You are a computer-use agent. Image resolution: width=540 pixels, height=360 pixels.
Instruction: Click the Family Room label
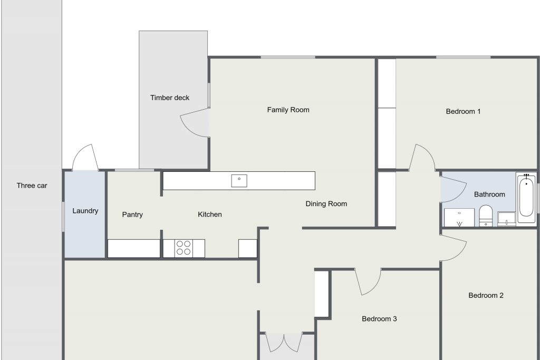click(288, 110)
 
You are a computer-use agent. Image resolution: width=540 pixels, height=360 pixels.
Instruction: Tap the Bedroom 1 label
click(463, 112)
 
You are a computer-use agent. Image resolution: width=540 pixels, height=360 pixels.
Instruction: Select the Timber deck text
click(170, 98)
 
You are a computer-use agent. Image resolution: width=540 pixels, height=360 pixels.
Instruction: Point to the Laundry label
click(85, 211)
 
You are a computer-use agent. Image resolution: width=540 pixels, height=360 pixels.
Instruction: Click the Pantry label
click(132, 215)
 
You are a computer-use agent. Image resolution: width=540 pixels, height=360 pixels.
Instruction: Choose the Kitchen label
click(210, 215)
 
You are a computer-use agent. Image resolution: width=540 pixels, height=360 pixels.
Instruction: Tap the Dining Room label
click(326, 204)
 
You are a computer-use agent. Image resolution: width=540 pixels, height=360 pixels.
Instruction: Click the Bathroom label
click(489, 194)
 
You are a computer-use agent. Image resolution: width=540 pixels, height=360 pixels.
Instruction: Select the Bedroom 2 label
click(486, 295)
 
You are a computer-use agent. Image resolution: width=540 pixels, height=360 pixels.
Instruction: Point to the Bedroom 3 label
click(379, 319)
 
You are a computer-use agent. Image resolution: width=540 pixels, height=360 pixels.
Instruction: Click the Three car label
click(32, 186)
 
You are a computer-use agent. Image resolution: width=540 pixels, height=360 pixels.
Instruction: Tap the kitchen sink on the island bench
click(239, 181)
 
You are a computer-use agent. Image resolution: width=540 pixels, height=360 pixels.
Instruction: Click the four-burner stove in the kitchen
click(184, 248)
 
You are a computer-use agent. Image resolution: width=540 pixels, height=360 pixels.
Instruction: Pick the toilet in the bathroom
click(486, 216)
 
